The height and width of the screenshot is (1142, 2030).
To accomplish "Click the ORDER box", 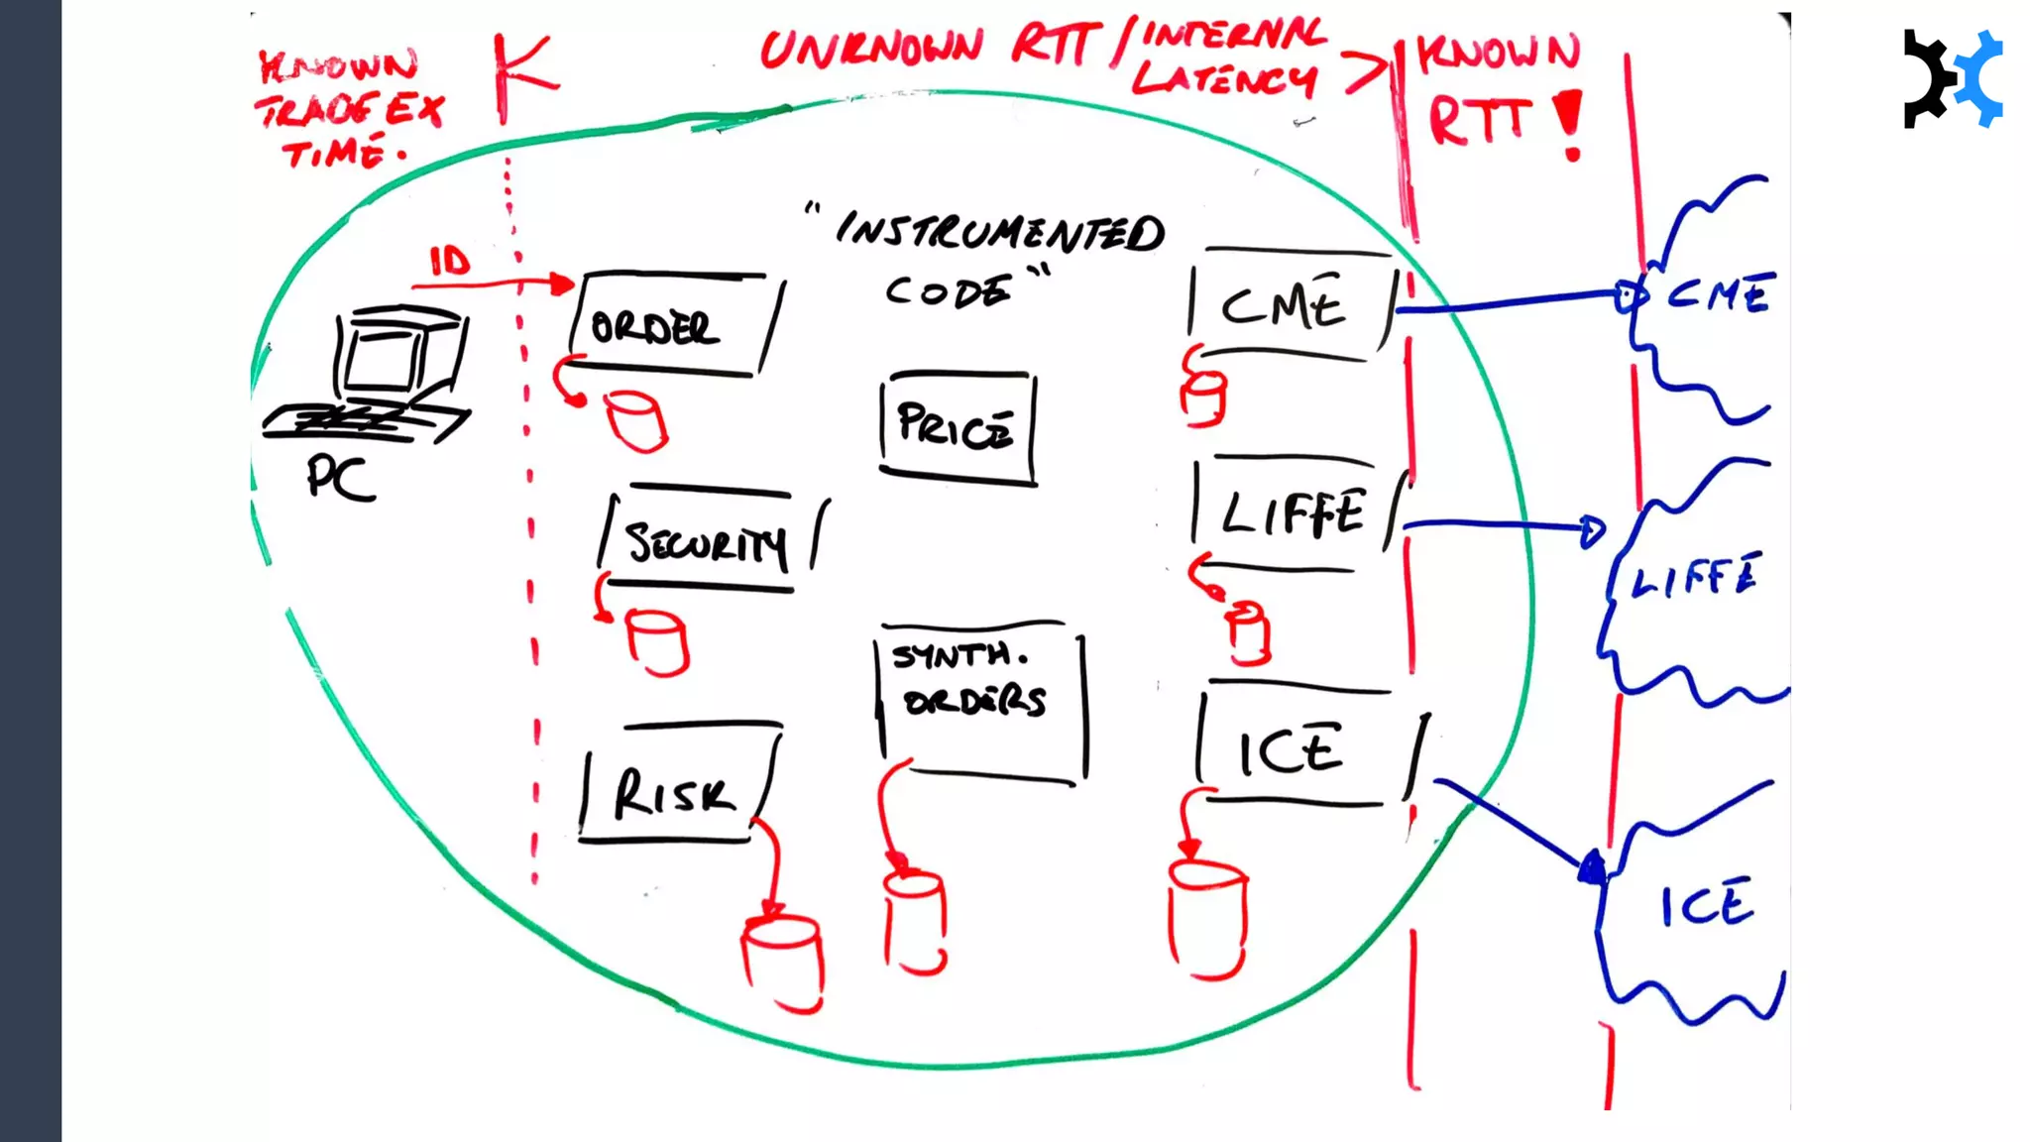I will pos(674,325).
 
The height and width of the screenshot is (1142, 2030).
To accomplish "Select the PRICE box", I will pos(957,426).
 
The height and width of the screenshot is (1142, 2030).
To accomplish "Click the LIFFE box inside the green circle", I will pos(1294,514).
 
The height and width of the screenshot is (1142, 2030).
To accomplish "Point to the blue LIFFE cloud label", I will pos(1695,577).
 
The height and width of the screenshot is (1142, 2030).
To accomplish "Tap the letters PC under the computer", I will pos(340,478).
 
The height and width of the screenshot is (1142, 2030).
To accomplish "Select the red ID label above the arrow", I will pos(449,261).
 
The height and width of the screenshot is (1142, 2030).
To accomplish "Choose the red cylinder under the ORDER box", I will pos(635,421).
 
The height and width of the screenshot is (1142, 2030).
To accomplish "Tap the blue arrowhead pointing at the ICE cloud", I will pos(1592,866).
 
